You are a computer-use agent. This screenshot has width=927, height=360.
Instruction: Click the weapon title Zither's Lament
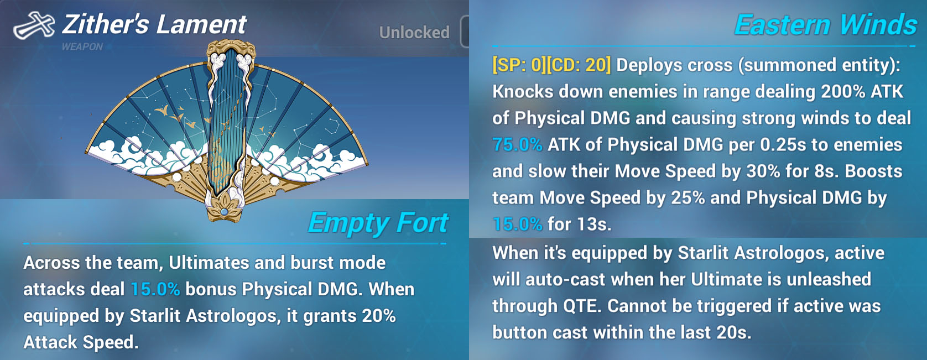pos(154,24)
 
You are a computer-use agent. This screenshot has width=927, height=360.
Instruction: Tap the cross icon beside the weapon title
pos(34,25)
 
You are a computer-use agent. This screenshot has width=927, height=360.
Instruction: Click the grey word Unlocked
pos(414,32)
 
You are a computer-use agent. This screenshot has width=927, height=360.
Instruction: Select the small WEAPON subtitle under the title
pos(82,47)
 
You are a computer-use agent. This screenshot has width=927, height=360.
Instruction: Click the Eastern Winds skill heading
pos(826,25)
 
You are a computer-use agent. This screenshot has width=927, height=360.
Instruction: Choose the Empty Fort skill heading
pos(378,223)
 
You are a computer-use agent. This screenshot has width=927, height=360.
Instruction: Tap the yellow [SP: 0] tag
pos(519,65)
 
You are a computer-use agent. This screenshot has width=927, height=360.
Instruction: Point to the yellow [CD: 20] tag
pos(579,65)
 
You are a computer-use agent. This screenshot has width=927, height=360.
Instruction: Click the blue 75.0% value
pos(517,145)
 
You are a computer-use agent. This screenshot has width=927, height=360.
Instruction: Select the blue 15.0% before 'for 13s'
pos(517,225)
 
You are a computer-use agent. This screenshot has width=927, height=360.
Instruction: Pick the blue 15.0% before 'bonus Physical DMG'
pos(155,289)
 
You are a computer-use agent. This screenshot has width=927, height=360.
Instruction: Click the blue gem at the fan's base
pos(225,212)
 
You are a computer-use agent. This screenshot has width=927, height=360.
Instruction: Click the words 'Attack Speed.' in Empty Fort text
pos(81,342)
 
